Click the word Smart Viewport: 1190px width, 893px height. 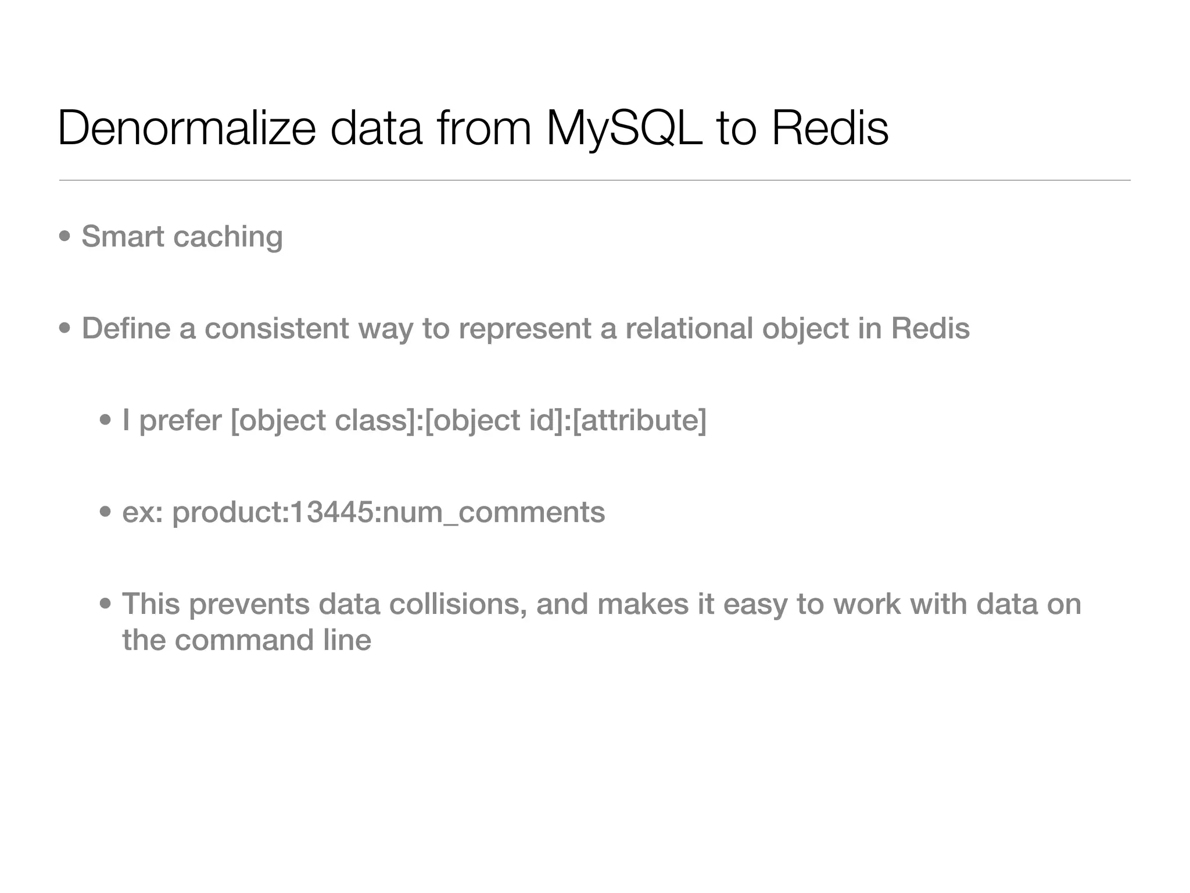click(123, 237)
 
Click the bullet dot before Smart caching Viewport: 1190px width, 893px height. click(65, 237)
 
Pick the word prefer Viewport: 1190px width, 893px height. click(180, 421)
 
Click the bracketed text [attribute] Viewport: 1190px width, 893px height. click(639, 420)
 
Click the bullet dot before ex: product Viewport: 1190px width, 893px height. click(105, 512)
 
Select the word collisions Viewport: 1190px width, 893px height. click(458, 604)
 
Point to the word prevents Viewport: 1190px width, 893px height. click(249, 605)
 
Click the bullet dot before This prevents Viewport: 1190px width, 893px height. click(105, 604)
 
